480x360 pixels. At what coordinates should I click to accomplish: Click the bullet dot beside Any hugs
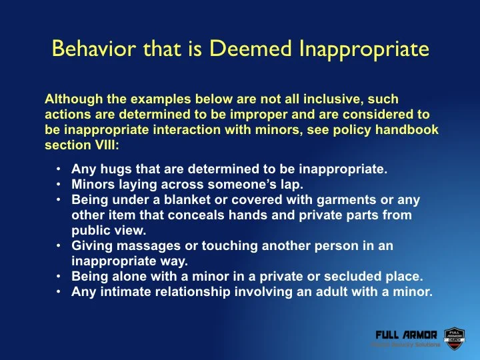[59, 169]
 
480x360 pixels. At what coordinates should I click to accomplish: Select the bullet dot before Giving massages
[59, 246]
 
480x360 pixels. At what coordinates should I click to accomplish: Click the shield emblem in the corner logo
[453, 337]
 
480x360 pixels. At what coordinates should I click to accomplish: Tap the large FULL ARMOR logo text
[406, 334]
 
